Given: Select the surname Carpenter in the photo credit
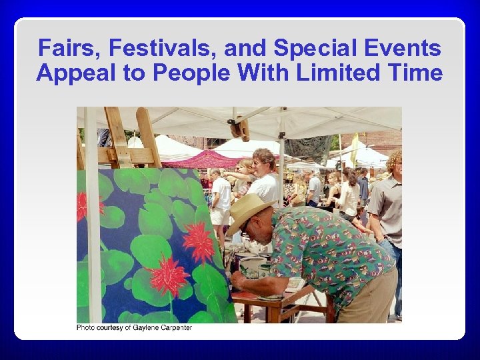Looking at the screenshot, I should click(176, 328).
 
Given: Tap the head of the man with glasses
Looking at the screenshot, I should click(263, 162).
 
